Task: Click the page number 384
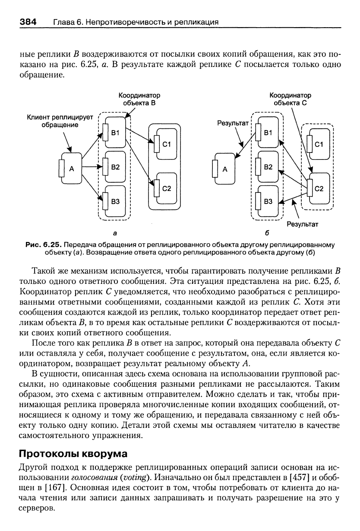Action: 28,22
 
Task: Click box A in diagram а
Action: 72,169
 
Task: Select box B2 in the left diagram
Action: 115,167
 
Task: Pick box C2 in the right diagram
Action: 319,189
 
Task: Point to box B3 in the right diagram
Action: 268,201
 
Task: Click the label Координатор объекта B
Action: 139,99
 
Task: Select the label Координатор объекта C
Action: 290,99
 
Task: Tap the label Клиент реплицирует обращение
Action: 60,121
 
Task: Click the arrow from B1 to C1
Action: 139,136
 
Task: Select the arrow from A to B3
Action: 92,186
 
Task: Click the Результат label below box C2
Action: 303,224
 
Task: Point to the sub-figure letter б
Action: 267,233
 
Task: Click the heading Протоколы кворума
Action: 73,454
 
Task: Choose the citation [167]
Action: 55,488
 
